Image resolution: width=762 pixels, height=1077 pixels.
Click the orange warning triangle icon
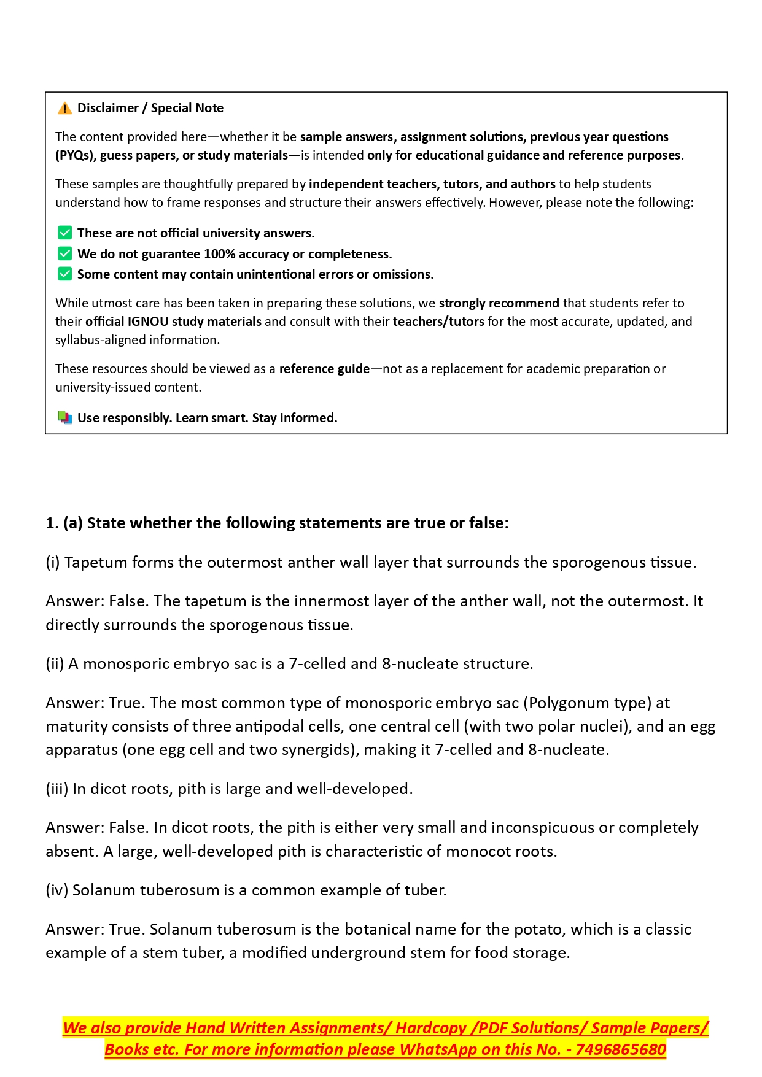(x=64, y=109)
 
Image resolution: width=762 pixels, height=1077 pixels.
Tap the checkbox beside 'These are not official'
(x=64, y=233)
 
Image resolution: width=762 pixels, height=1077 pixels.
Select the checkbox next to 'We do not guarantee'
(x=64, y=253)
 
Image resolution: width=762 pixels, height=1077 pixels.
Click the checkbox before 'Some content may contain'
(x=64, y=274)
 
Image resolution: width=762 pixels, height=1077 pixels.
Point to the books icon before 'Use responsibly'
(x=64, y=418)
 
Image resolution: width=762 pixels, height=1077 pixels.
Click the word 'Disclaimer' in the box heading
(x=108, y=108)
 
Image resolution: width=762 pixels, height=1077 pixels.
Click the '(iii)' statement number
(x=57, y=789)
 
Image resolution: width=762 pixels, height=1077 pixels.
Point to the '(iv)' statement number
(x=57, y=890)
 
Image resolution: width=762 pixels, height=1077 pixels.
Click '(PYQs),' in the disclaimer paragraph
(x=76, y=155)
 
